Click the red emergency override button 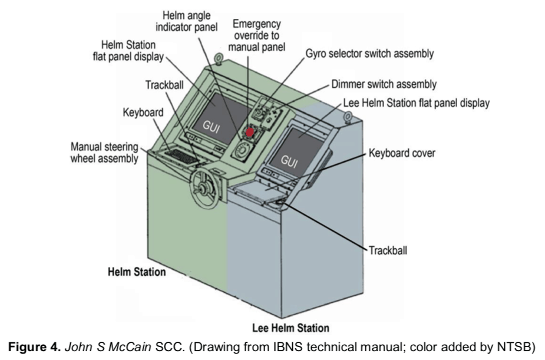[x=250, y=133]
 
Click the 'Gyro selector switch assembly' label [x=369, y=54]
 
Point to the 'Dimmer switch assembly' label [x=384, y=84]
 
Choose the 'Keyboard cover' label [x=402, y=154]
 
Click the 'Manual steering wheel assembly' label [x=105, y=152]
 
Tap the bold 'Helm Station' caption [x=137, y=272]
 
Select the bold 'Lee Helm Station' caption [x=290, y=328]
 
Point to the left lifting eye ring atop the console [x=219, y=58]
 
